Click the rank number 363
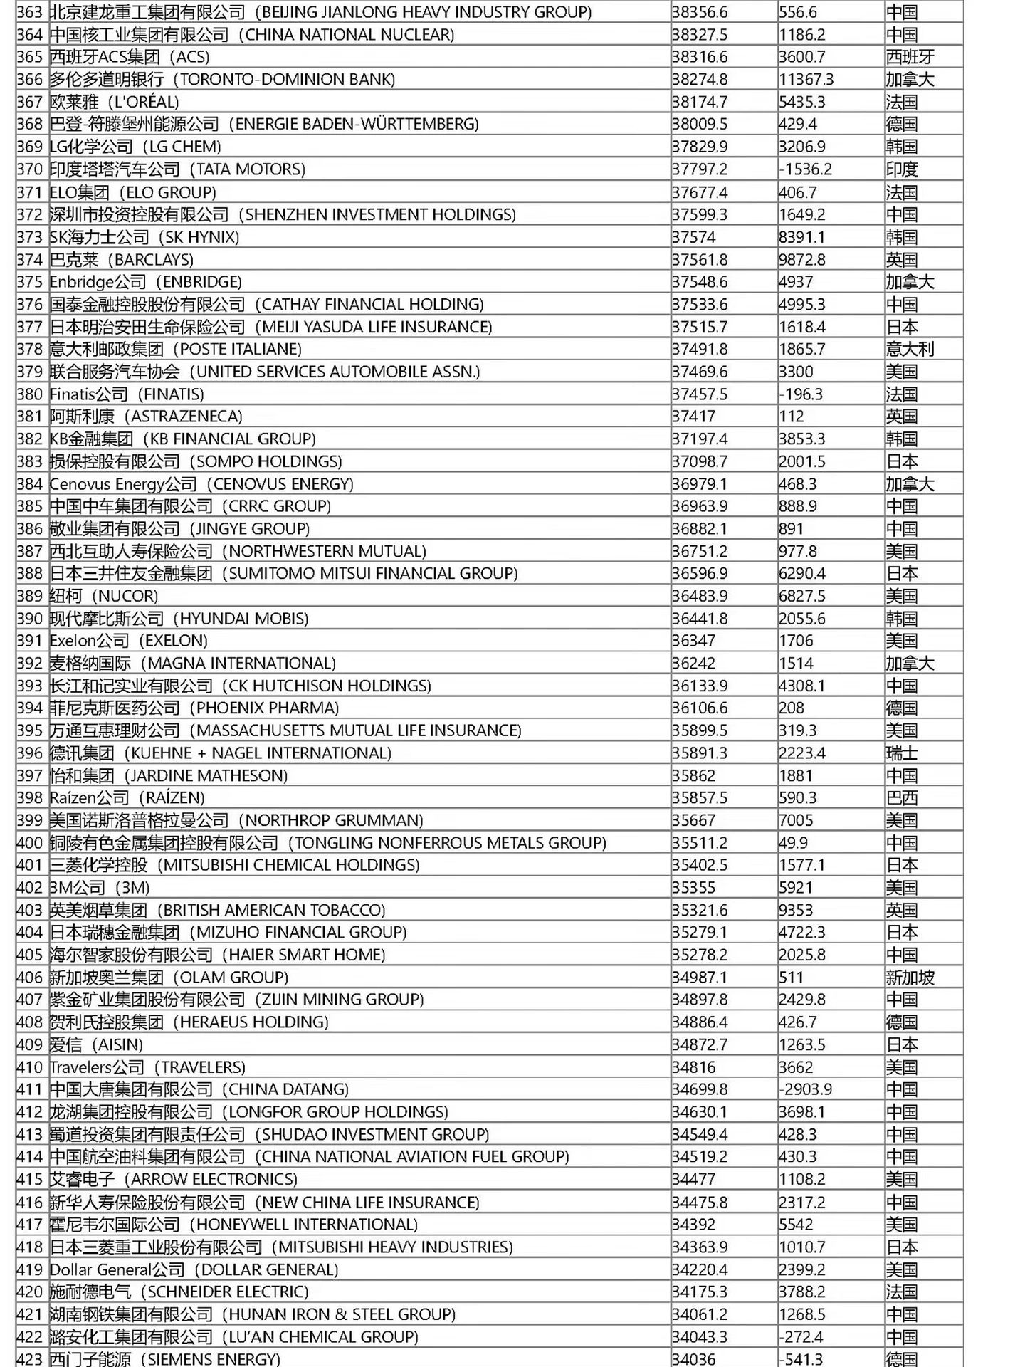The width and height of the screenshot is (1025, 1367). coord(30,13)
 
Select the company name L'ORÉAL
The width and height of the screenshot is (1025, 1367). coord(114,103)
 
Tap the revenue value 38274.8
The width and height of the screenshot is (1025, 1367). coord(699,80)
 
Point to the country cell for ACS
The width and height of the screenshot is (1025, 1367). coord(910,58)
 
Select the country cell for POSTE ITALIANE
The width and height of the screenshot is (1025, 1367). coord(910,350)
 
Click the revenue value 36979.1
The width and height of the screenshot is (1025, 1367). coord(699,484)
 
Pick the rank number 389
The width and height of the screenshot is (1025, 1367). coord(30,596)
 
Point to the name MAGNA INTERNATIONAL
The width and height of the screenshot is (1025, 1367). coord(192,664)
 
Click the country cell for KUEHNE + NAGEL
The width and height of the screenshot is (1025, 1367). coord(902,753)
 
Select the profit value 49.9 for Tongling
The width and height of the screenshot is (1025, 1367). coord(793,843)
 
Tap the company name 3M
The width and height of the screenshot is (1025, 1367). coord(100,888)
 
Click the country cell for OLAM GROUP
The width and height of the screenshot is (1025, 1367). coord(910,978)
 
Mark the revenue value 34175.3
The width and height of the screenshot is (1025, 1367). coord(699,1292)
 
